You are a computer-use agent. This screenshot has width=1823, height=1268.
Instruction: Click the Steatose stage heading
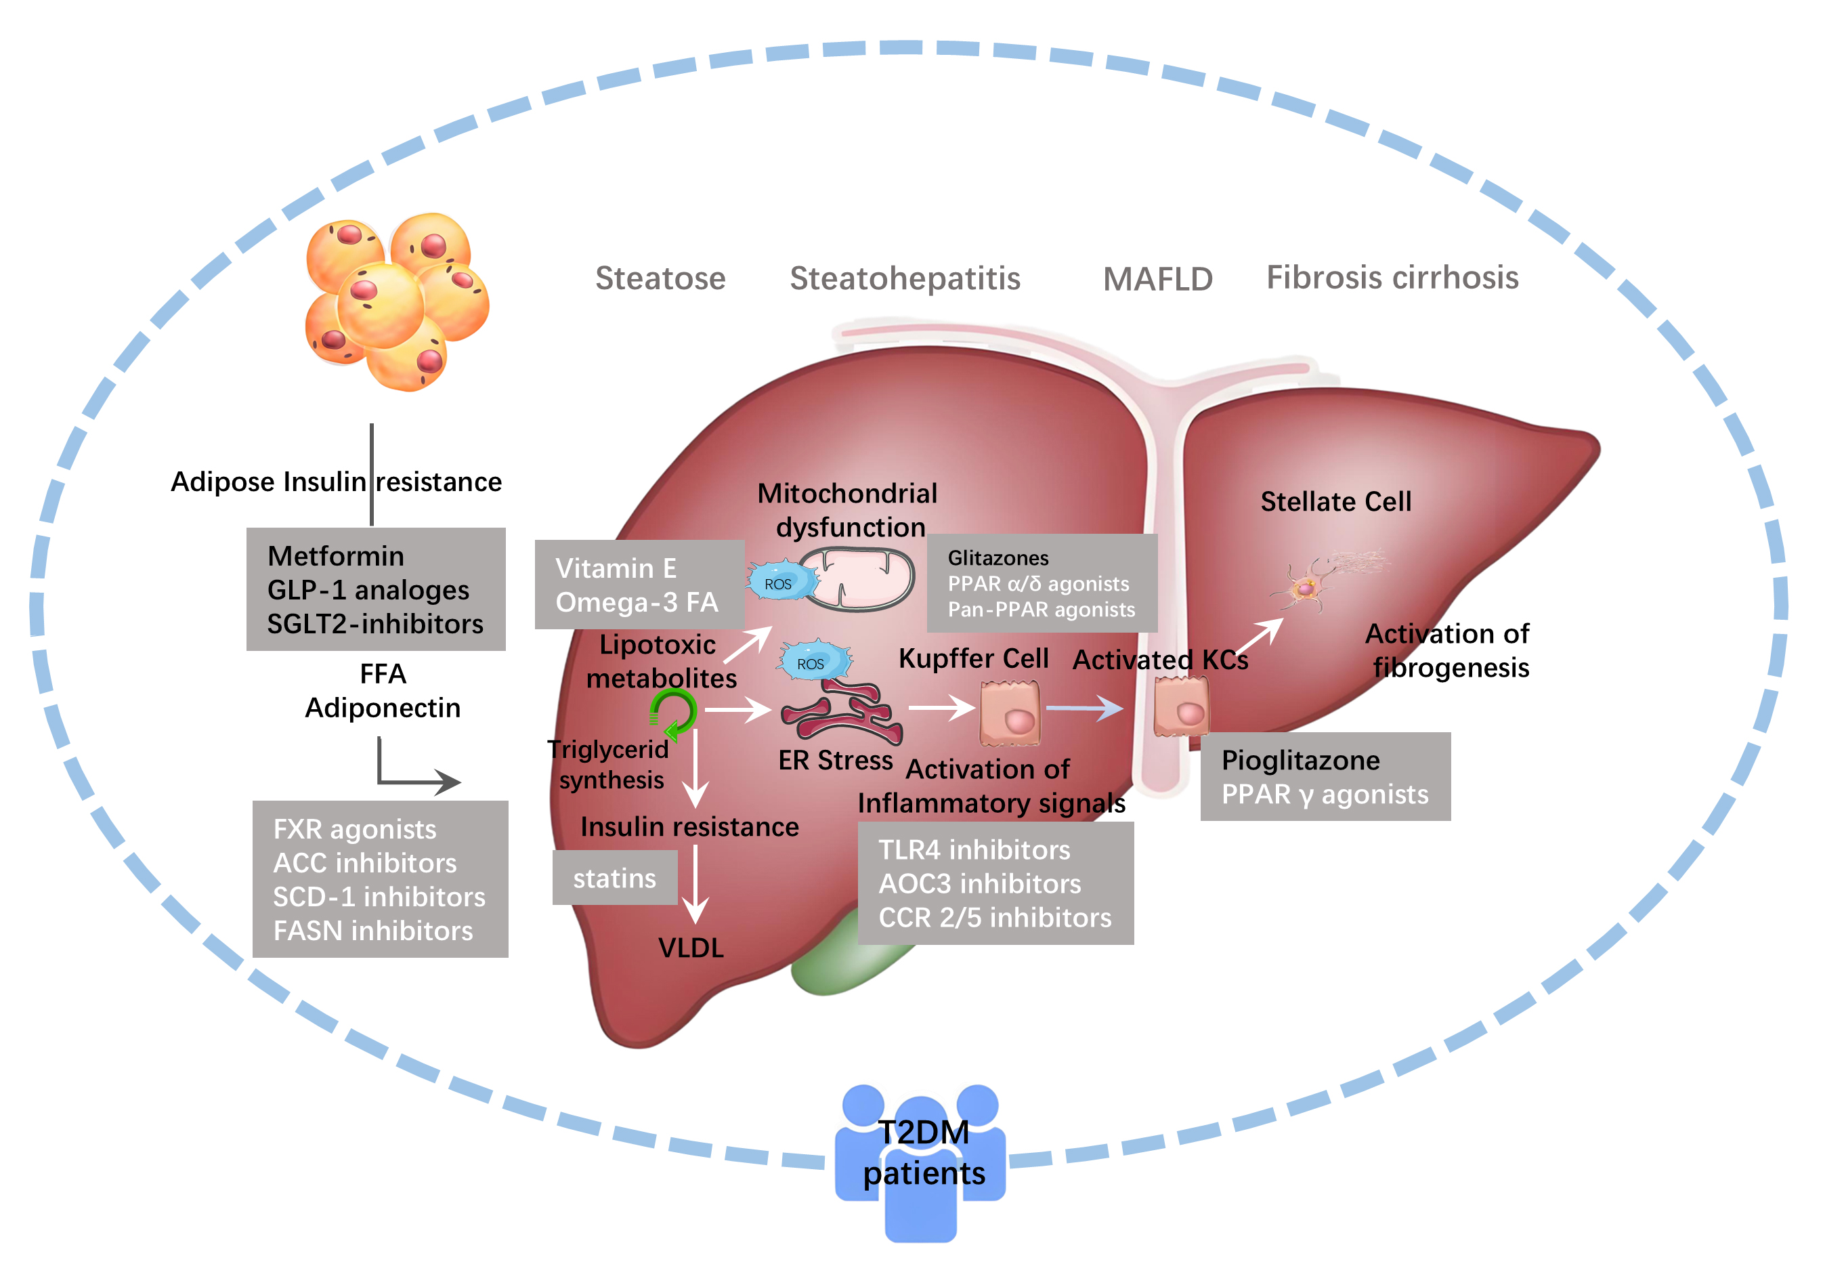pos(660,278)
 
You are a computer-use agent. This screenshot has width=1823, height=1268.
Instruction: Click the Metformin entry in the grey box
pos(335,556)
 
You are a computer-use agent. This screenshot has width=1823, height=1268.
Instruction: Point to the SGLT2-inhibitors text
pos(374,624)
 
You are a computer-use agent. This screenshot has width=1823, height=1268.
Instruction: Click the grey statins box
pos(614,878)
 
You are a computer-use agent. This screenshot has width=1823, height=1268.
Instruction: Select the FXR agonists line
pos(354,829)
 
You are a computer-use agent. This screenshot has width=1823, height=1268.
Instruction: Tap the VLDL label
pos(691,948)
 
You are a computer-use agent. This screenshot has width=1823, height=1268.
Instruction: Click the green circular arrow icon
pos(672,713)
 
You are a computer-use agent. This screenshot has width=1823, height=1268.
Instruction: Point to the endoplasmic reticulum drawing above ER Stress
pos(842,711)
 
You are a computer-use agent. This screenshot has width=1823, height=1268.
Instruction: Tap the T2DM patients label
pos(924,1153)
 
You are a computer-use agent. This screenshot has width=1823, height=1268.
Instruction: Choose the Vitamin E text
pos(616,568)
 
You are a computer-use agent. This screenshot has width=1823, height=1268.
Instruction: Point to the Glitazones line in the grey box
pos(998,558)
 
